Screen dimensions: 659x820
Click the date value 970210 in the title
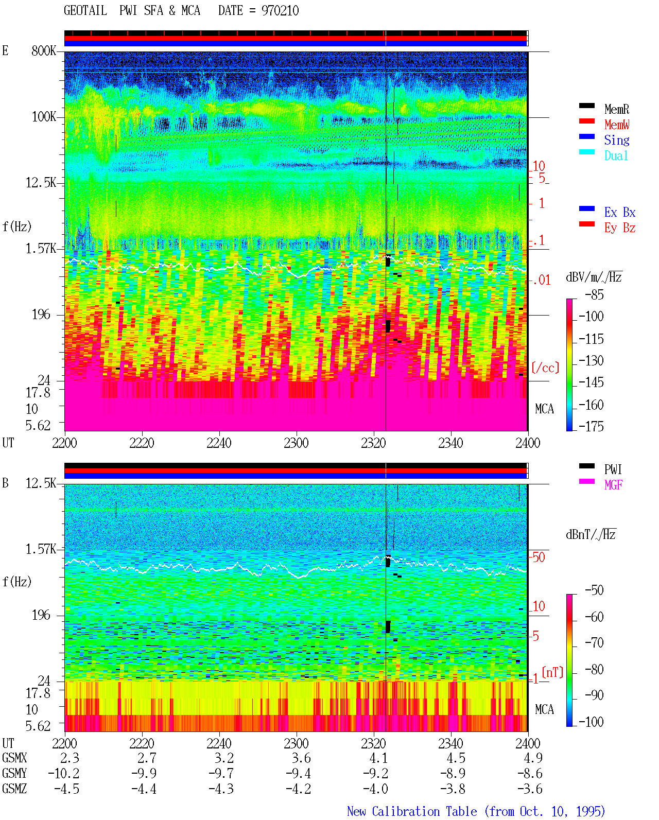280,11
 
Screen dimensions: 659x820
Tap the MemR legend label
617,109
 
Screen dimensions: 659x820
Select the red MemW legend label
617,125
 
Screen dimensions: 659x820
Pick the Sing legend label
617,140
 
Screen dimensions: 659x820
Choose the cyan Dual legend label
616,155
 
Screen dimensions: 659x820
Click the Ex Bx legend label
620,212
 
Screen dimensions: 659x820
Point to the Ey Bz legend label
620,228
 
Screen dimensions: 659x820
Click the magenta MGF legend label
613,485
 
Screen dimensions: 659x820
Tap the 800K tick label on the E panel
44,50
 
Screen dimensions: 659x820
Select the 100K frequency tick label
44,117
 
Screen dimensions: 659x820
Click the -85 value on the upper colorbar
594,294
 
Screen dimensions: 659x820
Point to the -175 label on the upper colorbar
591,426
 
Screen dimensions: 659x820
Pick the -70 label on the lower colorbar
594,643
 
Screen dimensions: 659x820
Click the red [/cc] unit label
545,368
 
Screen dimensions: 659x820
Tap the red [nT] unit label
552,672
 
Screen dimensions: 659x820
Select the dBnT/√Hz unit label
591,534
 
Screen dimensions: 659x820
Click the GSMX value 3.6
301,758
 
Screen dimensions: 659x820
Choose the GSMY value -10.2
63,774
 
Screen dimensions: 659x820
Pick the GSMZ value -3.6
530,789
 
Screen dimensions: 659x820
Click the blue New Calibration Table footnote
476,812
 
